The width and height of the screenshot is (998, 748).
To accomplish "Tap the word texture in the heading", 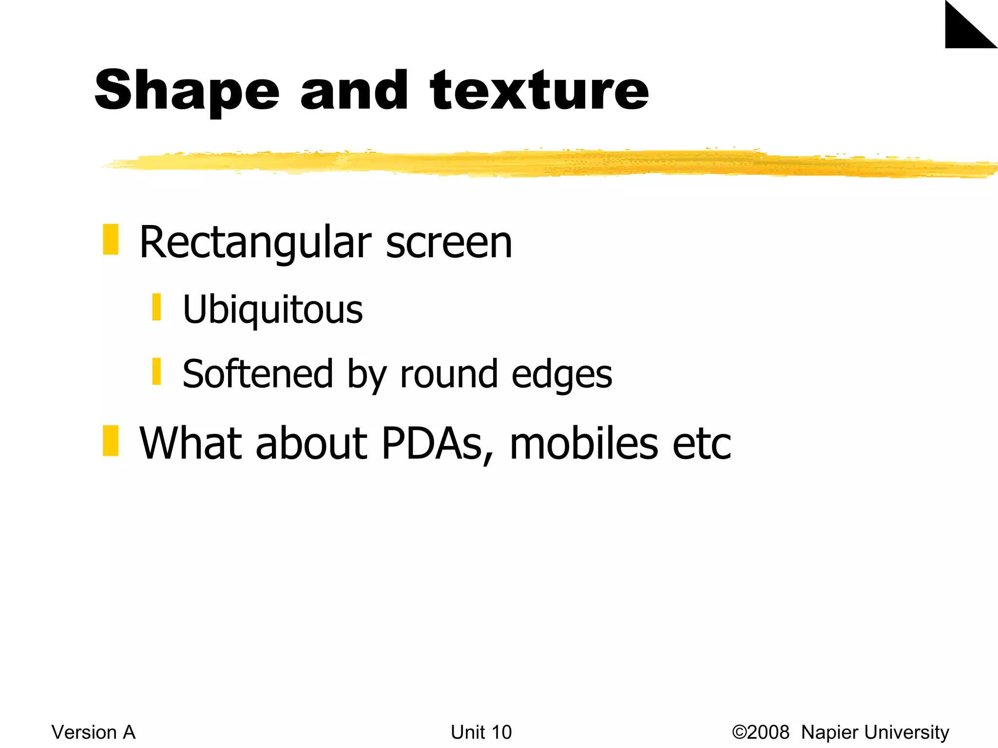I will [539, 91].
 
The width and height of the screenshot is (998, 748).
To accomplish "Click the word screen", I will [449, 243].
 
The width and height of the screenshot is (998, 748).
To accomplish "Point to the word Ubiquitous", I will [272, 310].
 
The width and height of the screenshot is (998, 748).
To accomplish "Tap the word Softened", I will [258, 374].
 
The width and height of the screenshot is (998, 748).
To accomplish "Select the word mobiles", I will [584, 444].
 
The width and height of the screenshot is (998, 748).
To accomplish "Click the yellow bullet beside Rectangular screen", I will [111, 240].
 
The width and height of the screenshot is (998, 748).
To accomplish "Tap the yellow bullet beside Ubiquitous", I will [156, 307].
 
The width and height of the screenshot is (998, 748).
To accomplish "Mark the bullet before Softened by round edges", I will [156, 372].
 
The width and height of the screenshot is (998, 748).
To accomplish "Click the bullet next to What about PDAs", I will [111, 441].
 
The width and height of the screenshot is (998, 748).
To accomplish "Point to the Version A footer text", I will [94, 732].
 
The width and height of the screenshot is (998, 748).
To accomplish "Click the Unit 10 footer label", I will [481, 732].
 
